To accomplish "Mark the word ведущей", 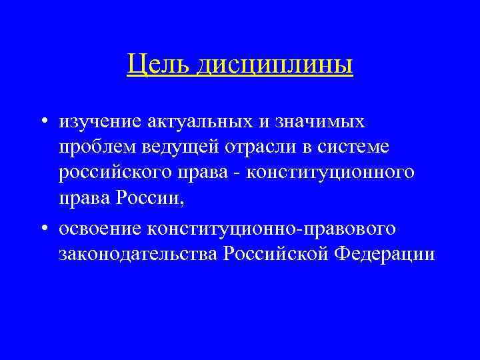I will click(x=179, y=147).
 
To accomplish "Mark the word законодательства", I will click(x=138, y=254).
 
